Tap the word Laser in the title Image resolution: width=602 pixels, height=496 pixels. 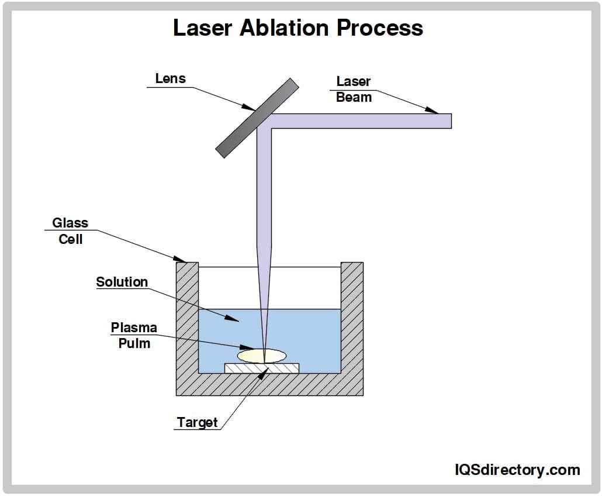[203, 28]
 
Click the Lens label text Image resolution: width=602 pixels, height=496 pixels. [170, 78]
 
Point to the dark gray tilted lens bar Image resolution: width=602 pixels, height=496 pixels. [257, 118]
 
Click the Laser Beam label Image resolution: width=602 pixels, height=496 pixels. [354, 89]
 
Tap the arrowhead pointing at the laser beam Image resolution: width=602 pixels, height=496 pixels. [433, 110]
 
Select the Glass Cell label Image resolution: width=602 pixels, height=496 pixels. [70, 231]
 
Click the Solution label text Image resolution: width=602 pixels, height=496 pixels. [122, 282]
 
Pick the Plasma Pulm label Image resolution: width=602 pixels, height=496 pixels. [134, 335]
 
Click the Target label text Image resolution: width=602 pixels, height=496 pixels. [198, 422]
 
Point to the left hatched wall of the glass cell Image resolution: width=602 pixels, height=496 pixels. [188, 316]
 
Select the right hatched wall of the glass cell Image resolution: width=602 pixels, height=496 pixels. [352, 316]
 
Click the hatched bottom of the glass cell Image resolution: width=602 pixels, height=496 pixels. [269, 385]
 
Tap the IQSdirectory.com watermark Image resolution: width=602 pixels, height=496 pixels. [517, 469]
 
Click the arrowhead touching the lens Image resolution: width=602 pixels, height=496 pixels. [250, 108]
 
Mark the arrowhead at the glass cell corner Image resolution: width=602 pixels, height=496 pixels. [181, 259]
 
